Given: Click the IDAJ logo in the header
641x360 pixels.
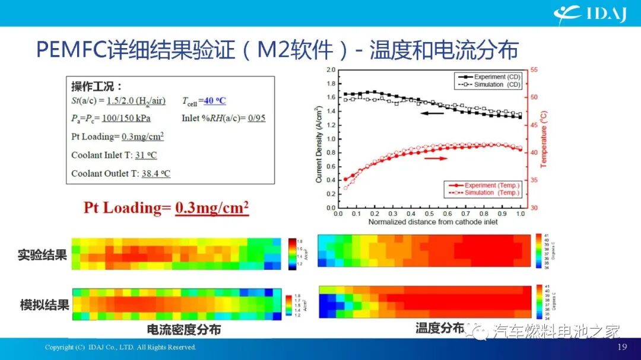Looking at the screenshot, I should tap(590, 13).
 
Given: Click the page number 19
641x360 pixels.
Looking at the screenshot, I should tap(622, 347).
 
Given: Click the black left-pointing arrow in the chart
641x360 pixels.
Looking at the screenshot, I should tap(433, 113).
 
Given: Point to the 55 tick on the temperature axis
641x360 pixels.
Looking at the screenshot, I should tap(534, 70).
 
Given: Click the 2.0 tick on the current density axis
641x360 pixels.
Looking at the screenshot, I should tap(331, 70).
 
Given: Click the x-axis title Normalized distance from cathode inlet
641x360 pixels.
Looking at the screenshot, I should tap(433, 222).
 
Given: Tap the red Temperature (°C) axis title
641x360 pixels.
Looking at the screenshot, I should tap(544, 138).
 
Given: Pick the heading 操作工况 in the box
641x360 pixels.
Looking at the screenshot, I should tap(96, 86).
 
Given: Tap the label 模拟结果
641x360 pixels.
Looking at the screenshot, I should tap(43, 305).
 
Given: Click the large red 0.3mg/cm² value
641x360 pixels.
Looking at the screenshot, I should tap(211, 208).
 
